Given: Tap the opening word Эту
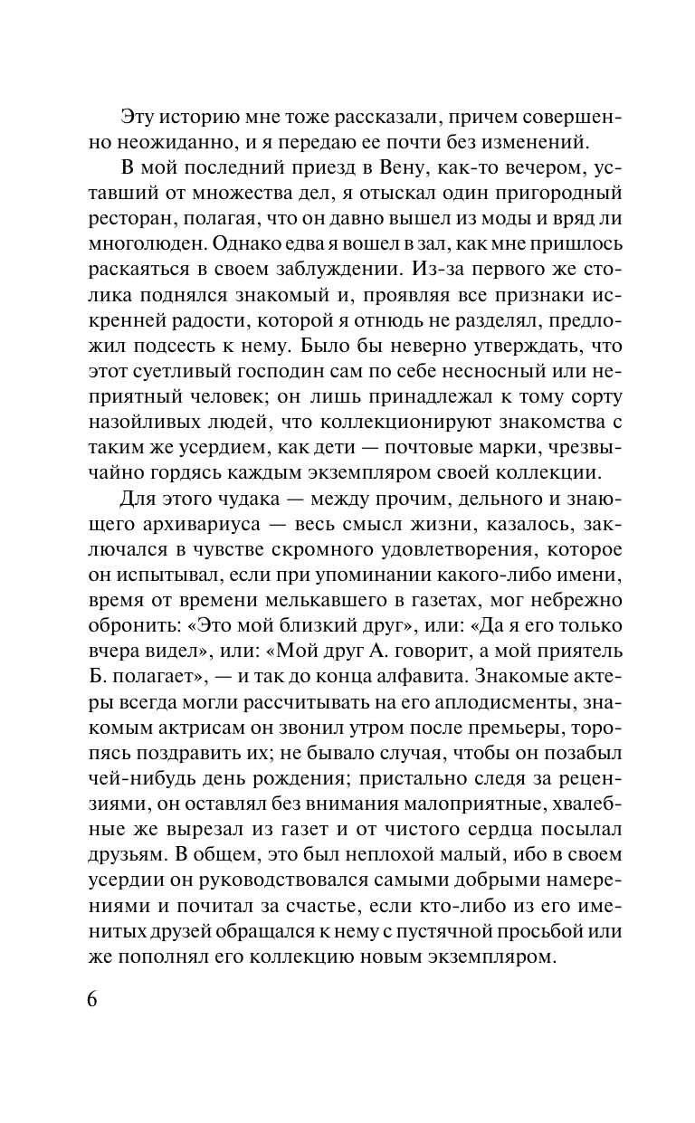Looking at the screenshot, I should pyautogui.click(x=138, y=118).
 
